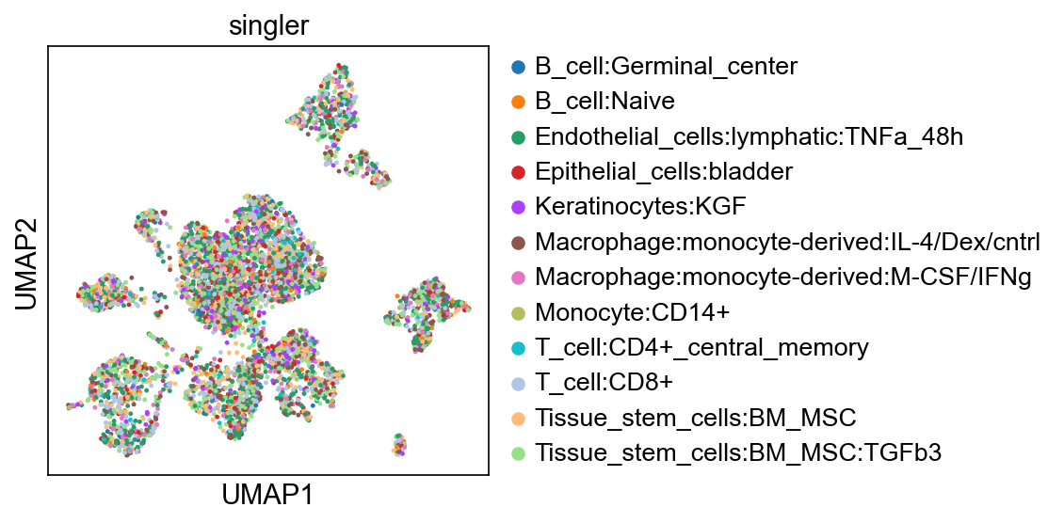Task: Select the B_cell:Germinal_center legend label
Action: pos(666,67)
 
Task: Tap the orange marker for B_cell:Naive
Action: pos(518,102)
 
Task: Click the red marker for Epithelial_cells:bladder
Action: pos(518,172)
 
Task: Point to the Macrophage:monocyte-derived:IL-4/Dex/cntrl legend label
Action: pos(788,242)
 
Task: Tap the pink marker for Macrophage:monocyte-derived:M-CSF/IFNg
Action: pos(518,277)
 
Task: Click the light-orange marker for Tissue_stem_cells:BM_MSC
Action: pos(518,418)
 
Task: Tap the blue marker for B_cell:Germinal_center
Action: pos(518,67)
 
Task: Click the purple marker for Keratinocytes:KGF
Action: pos(518,207)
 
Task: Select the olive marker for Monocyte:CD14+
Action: pos(518,312)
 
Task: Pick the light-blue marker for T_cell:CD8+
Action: pos(518,383)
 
